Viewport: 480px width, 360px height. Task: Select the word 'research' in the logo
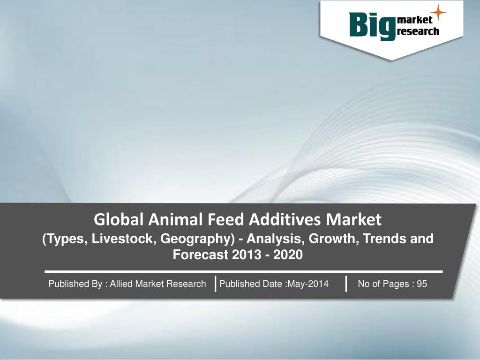418,32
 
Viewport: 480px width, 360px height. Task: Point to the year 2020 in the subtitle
288,255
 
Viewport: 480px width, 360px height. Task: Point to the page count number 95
422,284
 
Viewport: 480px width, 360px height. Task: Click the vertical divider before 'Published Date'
215,284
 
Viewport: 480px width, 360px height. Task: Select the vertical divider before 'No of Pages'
346,284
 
